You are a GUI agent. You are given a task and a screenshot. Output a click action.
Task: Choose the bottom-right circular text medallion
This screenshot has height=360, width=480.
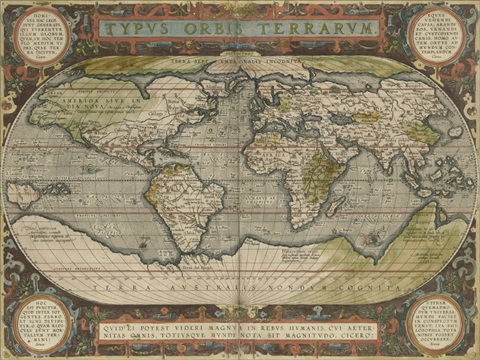coord(437,321)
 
